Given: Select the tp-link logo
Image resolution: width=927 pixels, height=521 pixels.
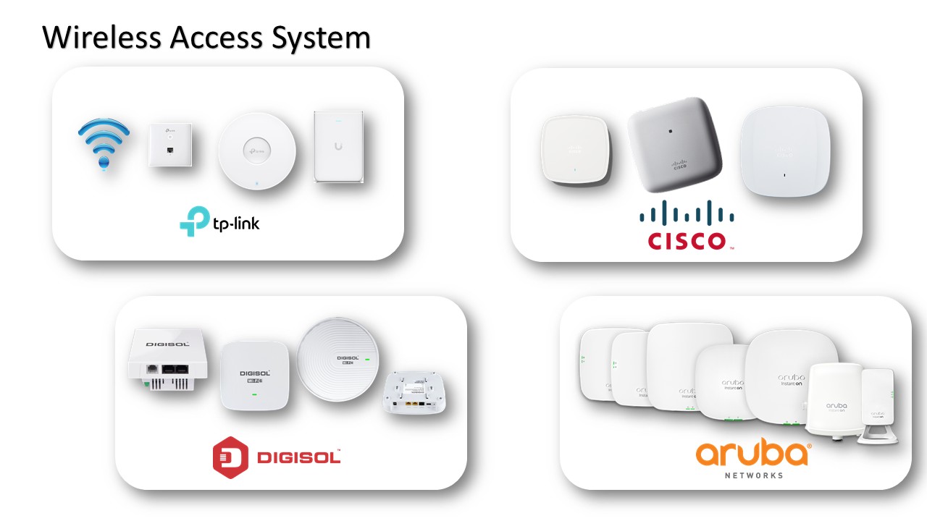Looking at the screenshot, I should (219, 222).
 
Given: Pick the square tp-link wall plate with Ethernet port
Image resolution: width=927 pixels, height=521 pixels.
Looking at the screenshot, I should (170, 145).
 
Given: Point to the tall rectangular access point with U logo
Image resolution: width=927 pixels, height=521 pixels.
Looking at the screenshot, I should (337, 147).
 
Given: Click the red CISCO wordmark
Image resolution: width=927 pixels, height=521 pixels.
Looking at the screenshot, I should (687, 240).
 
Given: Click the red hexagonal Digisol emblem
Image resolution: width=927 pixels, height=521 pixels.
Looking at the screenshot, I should (230, 457).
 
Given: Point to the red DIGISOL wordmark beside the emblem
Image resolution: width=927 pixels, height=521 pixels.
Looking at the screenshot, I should (298, 457).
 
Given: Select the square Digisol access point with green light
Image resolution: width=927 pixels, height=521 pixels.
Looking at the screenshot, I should (252, 375).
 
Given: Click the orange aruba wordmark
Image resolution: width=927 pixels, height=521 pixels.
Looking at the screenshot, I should (752, 454).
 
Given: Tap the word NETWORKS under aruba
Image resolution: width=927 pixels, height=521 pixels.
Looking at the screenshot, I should (753, 475).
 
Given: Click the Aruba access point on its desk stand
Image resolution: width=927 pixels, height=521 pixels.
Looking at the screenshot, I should (877, 402).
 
